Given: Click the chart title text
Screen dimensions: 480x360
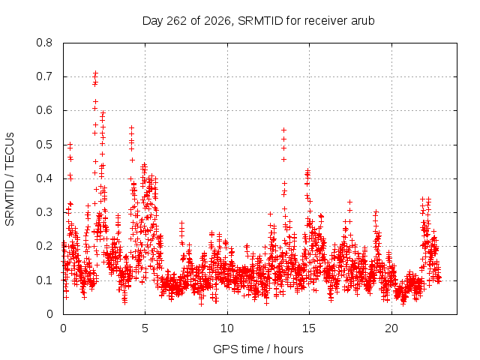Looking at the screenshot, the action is pos(258,21).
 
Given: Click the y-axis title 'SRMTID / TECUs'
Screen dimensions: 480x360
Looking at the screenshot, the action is pos(10,179).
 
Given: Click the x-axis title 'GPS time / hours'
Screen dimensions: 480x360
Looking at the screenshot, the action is pos(258,349).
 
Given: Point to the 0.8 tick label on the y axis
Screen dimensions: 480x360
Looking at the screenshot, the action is pos(44,43).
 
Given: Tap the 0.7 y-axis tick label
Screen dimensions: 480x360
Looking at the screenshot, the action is pos(44,76).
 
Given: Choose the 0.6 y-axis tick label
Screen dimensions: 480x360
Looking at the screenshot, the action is pos(44,110).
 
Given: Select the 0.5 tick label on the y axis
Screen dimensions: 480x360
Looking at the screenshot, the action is pos(44,145).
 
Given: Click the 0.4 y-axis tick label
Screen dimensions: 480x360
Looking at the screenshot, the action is pos(44,178).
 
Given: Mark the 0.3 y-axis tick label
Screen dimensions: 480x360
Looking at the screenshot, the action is pos(44,212).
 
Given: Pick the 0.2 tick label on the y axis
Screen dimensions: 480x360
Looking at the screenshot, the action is pos(44,246).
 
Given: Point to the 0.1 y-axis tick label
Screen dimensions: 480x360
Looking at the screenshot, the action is pos(44,280).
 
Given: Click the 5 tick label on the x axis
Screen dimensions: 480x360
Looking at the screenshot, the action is pos(145,328).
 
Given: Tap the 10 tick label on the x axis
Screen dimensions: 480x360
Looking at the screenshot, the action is pos(226,328).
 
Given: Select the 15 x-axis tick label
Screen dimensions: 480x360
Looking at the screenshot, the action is pos(309,328).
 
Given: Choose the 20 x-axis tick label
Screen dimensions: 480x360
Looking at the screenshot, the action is pos(391,328).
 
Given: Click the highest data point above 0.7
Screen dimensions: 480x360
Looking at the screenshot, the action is pos(95,73).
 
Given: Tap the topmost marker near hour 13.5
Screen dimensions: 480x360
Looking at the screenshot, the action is pos(283,130).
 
